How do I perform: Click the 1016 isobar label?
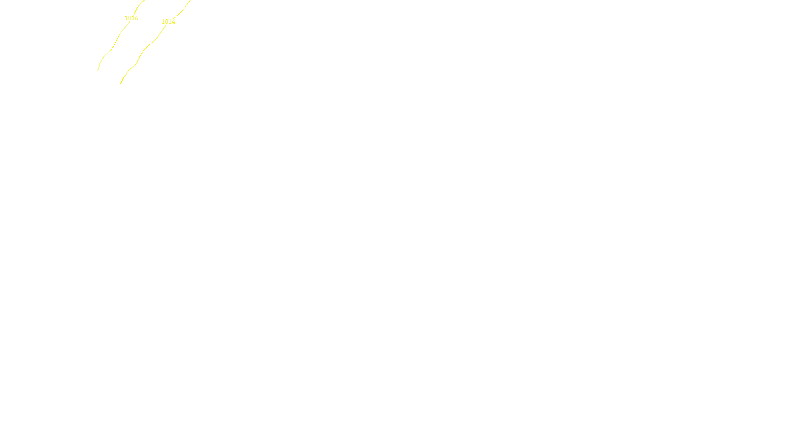(131, 18)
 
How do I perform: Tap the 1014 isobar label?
(168, 22)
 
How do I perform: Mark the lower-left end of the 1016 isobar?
(98, 70)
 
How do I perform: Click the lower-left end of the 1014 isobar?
(121, 83)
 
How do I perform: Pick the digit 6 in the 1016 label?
(136, 18)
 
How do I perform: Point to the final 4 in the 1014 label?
(173, 22)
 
